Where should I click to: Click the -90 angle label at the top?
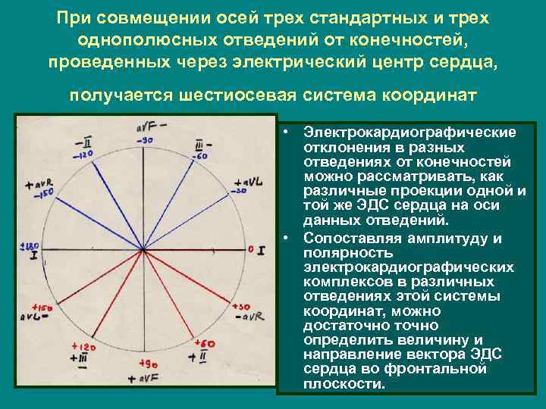click(146, 142)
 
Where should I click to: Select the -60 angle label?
click(202, 155)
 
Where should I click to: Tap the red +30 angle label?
click(242, 306)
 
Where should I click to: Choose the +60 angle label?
click(205, 343)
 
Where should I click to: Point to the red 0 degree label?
click(250, 248)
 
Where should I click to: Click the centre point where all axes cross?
click(143, 251)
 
